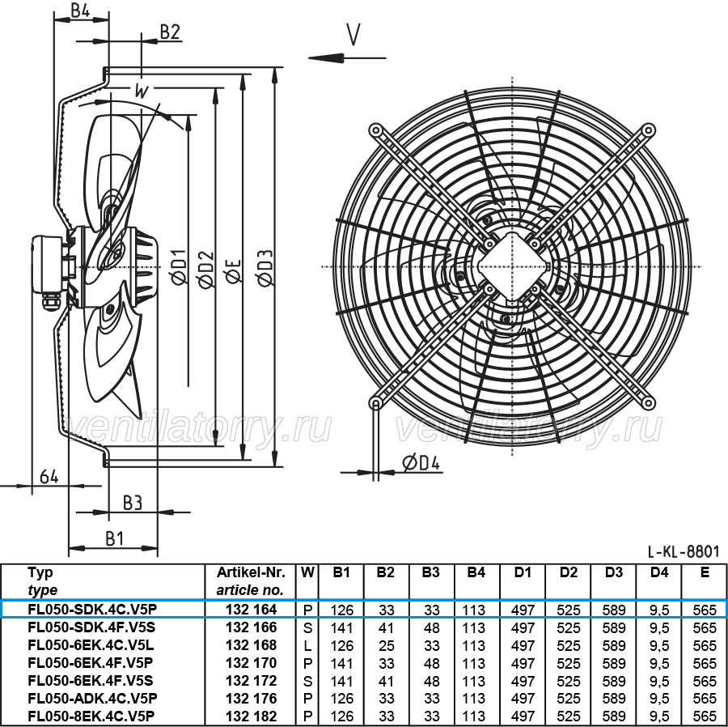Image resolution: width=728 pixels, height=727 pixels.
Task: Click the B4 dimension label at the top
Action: pyautogui.click(x=80, y=11)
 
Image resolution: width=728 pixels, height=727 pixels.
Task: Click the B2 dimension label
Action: pyautogui.click(x=170, y=32)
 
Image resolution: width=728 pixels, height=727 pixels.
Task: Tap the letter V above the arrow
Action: pyautogui.click(x=353, y=35)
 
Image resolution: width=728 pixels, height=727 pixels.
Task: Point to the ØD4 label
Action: pyautogui.click(x=421, y=463)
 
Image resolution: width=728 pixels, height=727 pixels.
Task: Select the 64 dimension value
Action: pyautogui.click(x=49, y=477)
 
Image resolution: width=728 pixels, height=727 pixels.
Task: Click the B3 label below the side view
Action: pyautogui.click(x=133, y=503)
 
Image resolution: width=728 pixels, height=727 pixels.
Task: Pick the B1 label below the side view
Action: pyautogui.click(x=114, y=539)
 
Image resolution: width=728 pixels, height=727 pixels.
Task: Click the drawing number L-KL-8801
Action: pyautogui.click(x=684, y=551)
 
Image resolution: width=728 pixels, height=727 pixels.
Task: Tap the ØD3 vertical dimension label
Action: pyautogui.click(x=265, y=268)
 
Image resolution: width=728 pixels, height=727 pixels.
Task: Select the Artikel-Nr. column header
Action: pyautogui.click(x=251, y=572)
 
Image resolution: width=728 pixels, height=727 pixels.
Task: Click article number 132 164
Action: pyautogui.click(x=252, y=609)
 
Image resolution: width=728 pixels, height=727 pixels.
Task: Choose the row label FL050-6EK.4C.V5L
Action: pyautogui.click(x=91, y=645)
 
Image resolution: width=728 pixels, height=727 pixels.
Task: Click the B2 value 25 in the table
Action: pyautogui.click(x=387, y=646)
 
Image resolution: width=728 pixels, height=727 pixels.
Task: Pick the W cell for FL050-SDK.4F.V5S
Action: pyautogui.click(x=307, y=627)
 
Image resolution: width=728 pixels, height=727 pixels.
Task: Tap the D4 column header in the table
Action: pyautogui.click(x=658, y=572)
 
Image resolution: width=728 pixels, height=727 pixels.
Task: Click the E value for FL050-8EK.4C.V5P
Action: pyautogui.click(x=705, y=716)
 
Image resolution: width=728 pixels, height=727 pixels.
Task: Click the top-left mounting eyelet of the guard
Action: pyautogui.click(x=375, y=130)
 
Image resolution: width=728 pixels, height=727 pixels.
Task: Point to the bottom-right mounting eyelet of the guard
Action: pyautogui.click(x=648, y=402)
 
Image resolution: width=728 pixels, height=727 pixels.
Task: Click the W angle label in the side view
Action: pyautogui.click(x=141, y=91)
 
